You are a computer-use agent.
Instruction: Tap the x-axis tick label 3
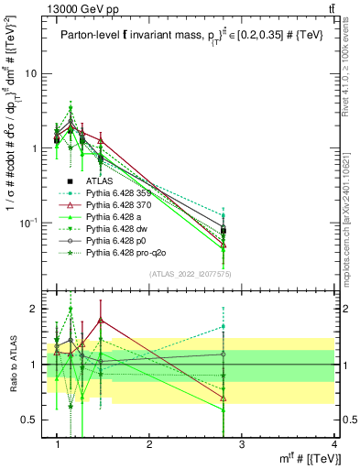242,444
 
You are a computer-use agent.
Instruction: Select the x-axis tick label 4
334,444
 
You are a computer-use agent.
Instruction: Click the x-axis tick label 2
149,444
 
